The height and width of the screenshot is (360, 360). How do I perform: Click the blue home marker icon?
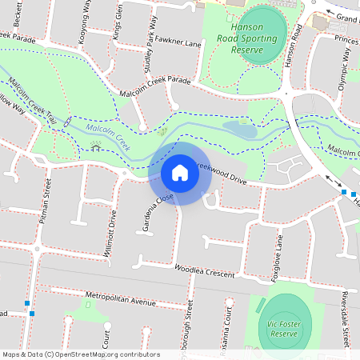click(x=180, y=173)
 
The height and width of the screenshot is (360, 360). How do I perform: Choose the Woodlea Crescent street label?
click(x=203, y=270)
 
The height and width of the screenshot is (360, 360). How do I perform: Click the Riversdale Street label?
click(x=346, y=320)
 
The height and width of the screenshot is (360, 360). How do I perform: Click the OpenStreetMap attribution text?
click(x=81, y=354)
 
